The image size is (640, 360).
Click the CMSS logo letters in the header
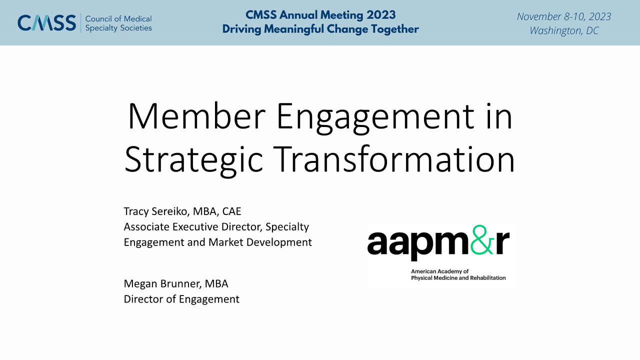[x=47, y=23]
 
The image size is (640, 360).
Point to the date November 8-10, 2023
[x=564, y=16]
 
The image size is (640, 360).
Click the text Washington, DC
[x=564, y=30]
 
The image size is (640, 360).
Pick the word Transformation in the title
[x=394, y=159]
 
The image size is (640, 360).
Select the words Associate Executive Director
[x=193, y=227]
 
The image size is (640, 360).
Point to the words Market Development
[x=260, y=242]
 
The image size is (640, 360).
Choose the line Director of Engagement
[x=181, y=299]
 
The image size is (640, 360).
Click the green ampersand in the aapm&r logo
[x=482, y=239]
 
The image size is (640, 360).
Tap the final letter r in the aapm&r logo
[x=502, y=242]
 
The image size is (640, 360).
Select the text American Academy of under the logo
[x=439, y=271]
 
